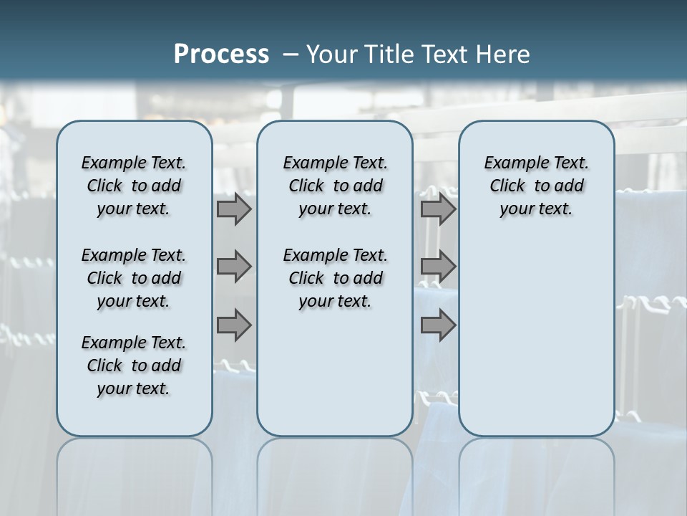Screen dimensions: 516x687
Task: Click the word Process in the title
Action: [x=221, y=54]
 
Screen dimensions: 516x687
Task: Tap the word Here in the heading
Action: [x=503, y=54]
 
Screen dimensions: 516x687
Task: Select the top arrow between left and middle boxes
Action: [x=233, y=209]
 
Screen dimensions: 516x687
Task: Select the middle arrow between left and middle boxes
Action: [x=233, y=267]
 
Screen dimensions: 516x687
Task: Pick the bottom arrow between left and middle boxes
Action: [x=233, y=325]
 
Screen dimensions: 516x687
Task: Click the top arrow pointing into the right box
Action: [x=438, y=209]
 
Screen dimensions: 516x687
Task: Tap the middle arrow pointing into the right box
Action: [x=438, y=267]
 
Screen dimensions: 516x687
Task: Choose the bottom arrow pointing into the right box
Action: [x=438, y=325]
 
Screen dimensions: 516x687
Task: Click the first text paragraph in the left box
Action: [x=134, y=186]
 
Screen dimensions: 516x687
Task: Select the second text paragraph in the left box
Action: [x=134, y=278]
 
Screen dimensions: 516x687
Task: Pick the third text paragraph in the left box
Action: [x=134, y=365]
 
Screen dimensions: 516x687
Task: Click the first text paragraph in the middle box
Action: [x=335, y=186]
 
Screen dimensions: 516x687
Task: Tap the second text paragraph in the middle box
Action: [x=335, y=278]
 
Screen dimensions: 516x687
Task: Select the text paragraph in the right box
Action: [x=536, y=186]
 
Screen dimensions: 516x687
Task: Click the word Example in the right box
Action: [x=510, y=163]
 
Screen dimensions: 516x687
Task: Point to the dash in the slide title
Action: [x=290, y=55]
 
